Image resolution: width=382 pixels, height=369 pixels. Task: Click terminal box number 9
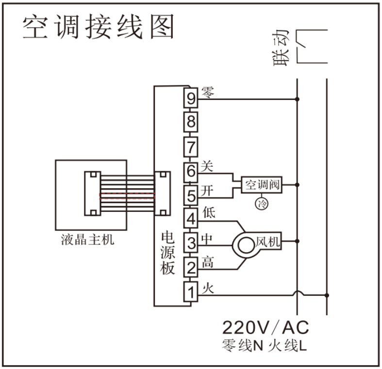tap(191, 98)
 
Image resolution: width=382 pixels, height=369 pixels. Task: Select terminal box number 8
tap(191, 122)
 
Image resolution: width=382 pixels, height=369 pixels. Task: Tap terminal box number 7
tap(191, 146)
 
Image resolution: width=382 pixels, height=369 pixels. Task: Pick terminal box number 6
tap(191, 171)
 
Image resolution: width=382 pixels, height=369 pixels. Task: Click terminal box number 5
tap(191, 195)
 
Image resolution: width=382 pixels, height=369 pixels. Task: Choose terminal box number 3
tap(191, 241)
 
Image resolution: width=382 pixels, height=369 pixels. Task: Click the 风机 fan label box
tap(268, 241)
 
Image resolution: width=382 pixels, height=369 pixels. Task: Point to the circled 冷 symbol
tap(262, 203)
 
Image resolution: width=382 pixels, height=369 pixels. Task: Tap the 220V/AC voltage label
tap(266, 328)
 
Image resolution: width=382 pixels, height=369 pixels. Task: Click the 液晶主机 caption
tap(89, 240)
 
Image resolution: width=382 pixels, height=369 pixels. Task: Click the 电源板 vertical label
tap(167, 253)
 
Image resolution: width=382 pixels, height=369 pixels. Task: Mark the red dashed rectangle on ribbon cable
tap(127, 196)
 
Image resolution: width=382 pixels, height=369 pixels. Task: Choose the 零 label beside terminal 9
tap(208, 91)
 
